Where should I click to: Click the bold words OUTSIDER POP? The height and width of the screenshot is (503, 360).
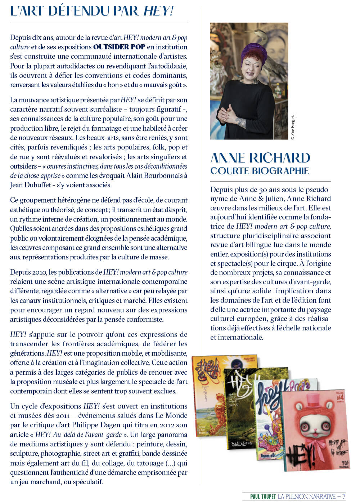pos(119,47)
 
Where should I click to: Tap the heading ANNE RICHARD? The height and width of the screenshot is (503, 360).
pos(260,158)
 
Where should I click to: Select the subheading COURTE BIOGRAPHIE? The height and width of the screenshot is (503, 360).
pos(260,170)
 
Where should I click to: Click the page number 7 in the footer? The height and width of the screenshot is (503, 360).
pos(344,497)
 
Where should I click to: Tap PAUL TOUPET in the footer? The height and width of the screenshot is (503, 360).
pos(263,497)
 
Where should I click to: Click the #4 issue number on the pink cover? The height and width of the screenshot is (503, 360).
pos(340,397)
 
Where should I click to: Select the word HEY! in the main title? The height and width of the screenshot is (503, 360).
pos(158,11)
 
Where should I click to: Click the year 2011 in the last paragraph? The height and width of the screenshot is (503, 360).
pos(63,415)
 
